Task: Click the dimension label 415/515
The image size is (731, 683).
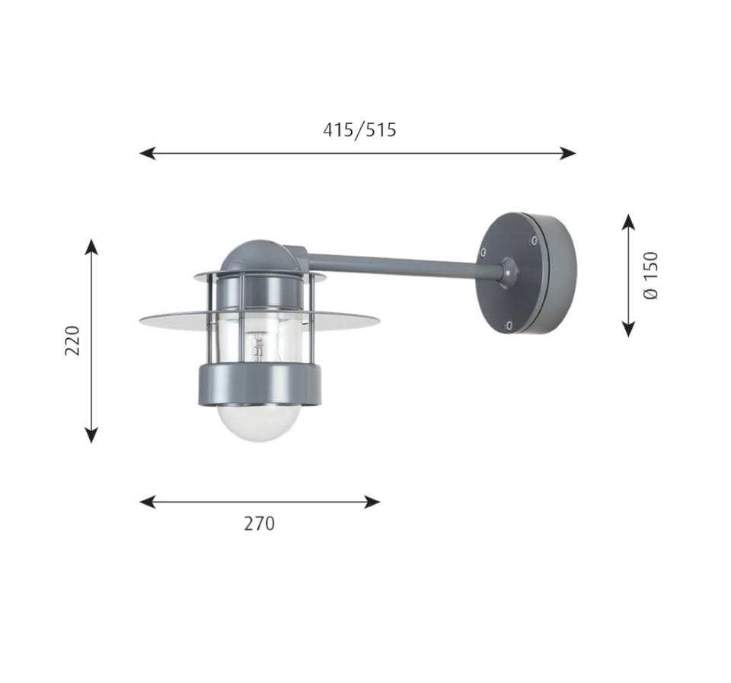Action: [x=359, y=129]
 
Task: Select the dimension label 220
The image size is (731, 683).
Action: [x=72, y=341]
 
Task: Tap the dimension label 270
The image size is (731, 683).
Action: [x=259, y=524]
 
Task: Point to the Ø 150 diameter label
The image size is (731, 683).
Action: [x=651, y=275]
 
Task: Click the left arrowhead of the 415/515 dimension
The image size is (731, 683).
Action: [x=147, y=153]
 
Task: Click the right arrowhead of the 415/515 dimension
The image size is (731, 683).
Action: [x=568, y=153]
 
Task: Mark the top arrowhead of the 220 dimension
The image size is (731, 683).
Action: [x=91, y=247]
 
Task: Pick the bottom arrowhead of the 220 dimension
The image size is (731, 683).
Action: [x=91, y=435]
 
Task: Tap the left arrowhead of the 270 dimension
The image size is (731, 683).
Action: [x=147, y=502]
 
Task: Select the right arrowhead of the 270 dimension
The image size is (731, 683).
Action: [x=372, y=502]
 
